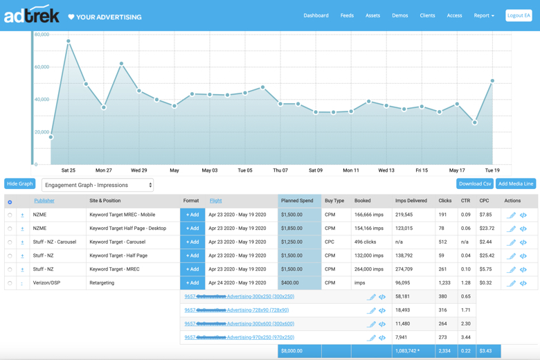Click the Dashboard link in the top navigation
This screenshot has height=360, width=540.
tap(316, 15)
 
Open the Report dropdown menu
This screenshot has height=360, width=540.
tap(484, 15)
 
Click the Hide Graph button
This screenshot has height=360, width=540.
tap(19, 183)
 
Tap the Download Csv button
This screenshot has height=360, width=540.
tap(474, 183)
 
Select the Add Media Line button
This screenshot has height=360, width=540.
tap(516, 183)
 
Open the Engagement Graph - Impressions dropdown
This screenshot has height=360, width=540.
tap(98, 185)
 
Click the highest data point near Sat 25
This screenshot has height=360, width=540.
tap(69, 41)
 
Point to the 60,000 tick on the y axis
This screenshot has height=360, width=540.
tap(42, 67)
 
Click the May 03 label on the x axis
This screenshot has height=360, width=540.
tap(209, 170)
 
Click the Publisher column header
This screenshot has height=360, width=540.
tap(44, 201)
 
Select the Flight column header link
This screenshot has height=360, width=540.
tap(216, 201)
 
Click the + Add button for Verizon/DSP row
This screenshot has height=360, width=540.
tap(192, 282)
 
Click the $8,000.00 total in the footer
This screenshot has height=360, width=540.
tap(291, 351)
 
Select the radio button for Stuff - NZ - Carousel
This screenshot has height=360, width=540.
tap(10, 242)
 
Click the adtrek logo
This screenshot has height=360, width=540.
tap(32, 15)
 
